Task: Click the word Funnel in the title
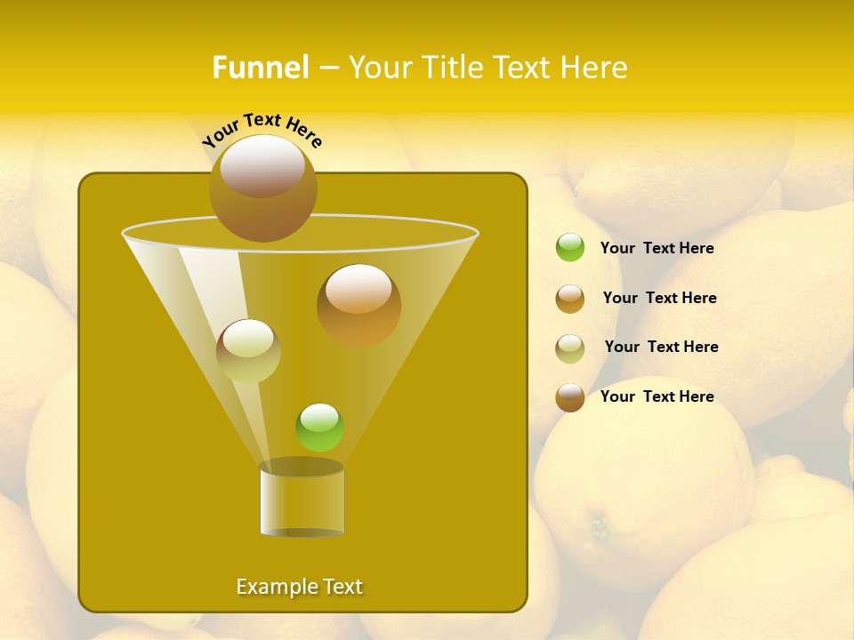coord(261,68)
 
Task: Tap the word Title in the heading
coord(453,68)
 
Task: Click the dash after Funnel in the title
coord(327,68)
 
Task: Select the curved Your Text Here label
coord(262,129)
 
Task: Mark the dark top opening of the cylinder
coord(302,467)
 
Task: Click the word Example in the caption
coord(274,587)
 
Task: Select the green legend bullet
coord(570,248)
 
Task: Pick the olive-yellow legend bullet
coord(570,348)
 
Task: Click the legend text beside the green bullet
coord(657,248)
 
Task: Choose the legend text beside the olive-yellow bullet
coord(661,347)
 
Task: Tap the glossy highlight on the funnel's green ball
coord(319,417)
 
